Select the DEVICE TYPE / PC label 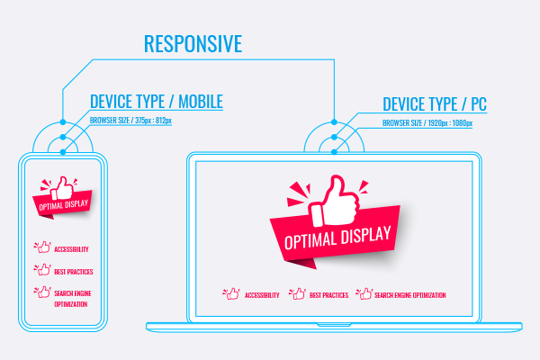click(435, 104)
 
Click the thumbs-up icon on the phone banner click(63, 188)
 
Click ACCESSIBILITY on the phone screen click(71, 248)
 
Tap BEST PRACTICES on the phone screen click(73, 271)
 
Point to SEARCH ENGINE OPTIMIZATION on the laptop click(410, 295)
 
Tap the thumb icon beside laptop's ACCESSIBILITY click(231, 293)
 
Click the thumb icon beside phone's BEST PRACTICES click(42, 269)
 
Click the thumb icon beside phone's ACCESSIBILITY click(42, 246)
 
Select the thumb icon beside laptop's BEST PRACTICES click(297, 293)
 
